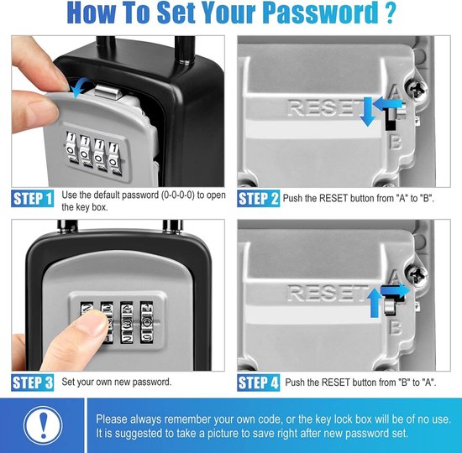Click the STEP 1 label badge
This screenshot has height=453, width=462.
[33, 199]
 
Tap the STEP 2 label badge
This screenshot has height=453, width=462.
[259, 199]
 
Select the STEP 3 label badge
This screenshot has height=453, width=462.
[33, 383]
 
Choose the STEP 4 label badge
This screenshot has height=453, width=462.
[259, 383]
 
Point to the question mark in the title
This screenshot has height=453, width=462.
[390, 13]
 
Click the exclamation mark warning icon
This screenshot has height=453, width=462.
[43, 425]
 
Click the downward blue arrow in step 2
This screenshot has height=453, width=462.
[368, 112]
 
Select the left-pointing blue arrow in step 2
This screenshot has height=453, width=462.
[387, 104]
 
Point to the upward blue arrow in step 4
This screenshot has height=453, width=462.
[375, 303]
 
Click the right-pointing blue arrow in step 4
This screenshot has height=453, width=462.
[395, 290]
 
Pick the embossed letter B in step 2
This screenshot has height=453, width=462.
[396, 142]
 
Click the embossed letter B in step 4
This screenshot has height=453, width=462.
[396, 327]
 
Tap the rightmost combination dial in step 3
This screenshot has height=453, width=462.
[147, 322]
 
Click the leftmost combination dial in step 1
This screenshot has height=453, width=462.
[71, 147]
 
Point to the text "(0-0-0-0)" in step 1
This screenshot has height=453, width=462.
[178, 195]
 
